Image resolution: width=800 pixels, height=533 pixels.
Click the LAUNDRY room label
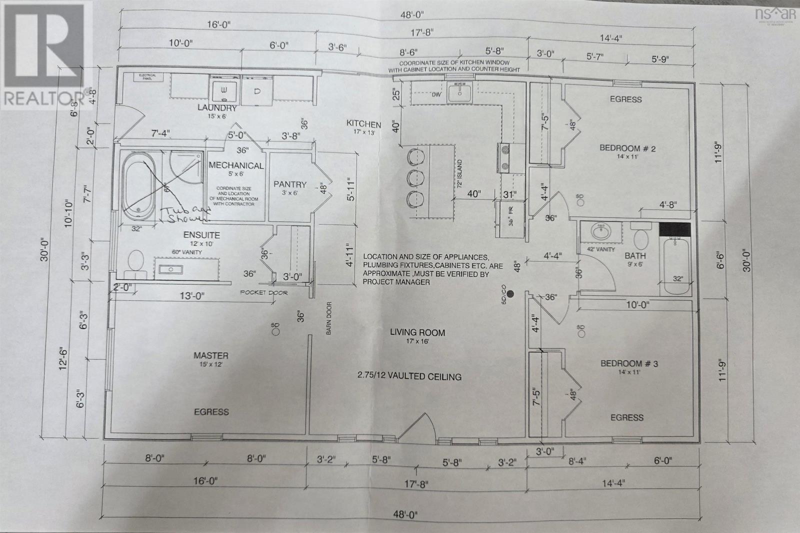tap(216, 107)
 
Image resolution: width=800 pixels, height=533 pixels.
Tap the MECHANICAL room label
tap(236, 165)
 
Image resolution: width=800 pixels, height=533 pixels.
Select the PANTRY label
tap(289, 184)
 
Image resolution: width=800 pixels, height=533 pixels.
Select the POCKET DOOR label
tap(264, 292)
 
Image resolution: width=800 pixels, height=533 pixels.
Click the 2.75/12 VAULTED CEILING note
tap(409, 376)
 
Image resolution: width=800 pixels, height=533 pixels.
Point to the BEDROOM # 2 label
tap(627, 148)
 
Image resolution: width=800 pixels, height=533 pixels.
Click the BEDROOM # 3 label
tap(628, 363)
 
